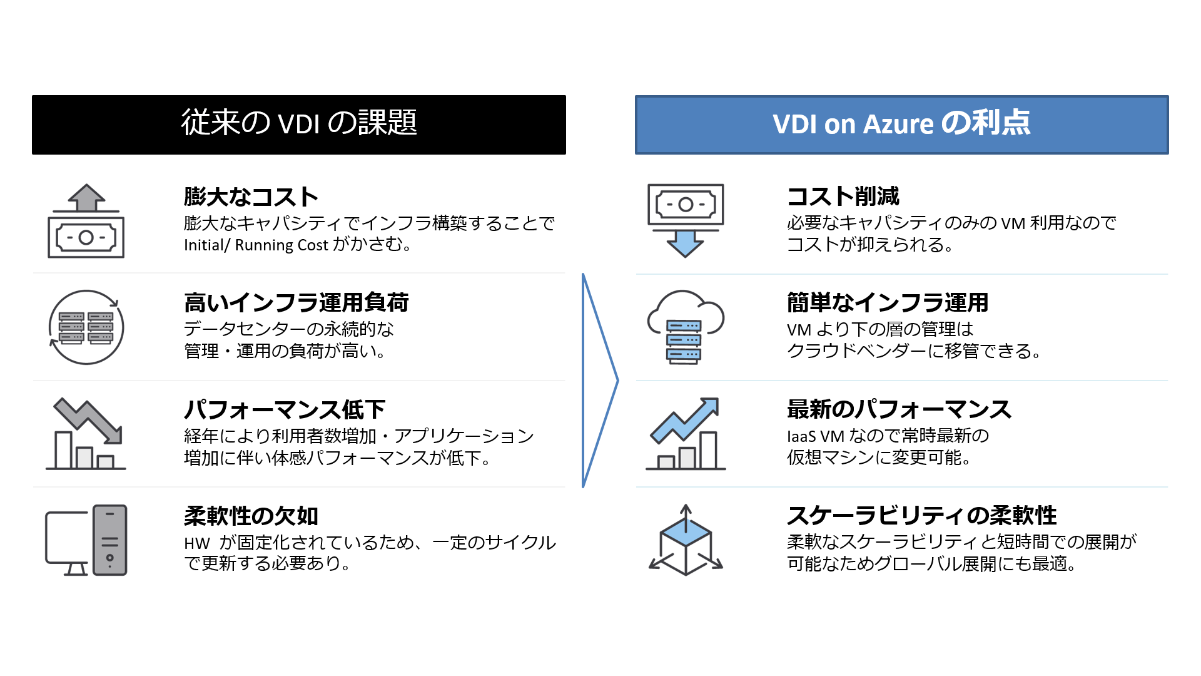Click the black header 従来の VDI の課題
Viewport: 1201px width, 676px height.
pyautogui.click(x=299, y=125)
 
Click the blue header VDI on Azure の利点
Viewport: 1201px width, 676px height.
pyautogui.click(x=901, y=125)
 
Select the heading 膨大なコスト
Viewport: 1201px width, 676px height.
pyautogui.click(x=251, y=197)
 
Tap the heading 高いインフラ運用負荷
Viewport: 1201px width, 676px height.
pyautogui.click(x=296, y=303)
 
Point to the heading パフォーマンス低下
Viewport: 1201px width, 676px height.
pyautogui.click(x=285, y=410)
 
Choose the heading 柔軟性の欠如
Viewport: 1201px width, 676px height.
pyautogui.click(x=251, y=516)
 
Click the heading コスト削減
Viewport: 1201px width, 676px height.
pyautogui.click(x=843, y=197)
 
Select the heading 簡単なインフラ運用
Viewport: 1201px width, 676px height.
pyautogui.click(x=887, y=303)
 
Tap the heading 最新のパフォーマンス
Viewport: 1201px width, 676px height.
pyautogui.click(x=899, y=409)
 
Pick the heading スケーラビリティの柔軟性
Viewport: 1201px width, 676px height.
pyautogui.click(x=921, y=516)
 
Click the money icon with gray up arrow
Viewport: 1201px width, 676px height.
pyautogui.click(x=86, y=221)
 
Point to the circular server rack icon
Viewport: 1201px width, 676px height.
pyautogui.click(x=86, y=327)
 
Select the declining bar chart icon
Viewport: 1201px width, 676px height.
pyautogui.click(x=86, y=433)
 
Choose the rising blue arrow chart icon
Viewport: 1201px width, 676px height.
pyautogui.click(x=686, y=433)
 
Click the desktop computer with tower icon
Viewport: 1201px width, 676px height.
pyautogui.click(x=86, y=540)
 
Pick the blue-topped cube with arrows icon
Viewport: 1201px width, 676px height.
pyautogui.click(x=686, y=541)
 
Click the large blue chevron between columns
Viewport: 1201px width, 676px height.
pyautogui.click(x=599, y=380)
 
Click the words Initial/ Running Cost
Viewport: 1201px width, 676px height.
pyautogui.click(x=256, y=245)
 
